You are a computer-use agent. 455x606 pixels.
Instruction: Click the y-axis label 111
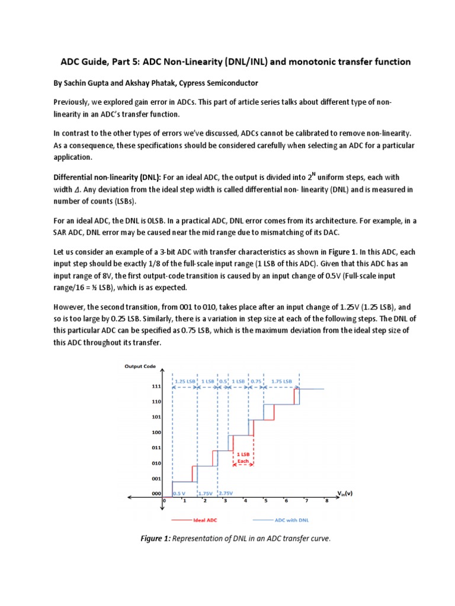click(x=140, y=386)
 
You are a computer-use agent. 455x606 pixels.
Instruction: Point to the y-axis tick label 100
click(x=140, y=432)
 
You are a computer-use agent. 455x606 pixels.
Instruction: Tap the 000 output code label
click(x=140, y=493)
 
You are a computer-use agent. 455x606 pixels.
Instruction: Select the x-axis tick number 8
click(x=326, y=501)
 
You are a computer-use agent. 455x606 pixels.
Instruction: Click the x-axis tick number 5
click(x=266, y=501)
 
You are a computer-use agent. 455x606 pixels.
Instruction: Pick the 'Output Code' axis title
click(x=140, y=366)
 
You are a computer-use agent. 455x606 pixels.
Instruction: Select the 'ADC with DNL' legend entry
click(x=291, y=520)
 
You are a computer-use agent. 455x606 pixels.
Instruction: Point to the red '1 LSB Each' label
click(x=243, y=457)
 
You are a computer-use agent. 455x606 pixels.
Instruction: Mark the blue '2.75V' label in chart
click(x=226, y=493)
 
